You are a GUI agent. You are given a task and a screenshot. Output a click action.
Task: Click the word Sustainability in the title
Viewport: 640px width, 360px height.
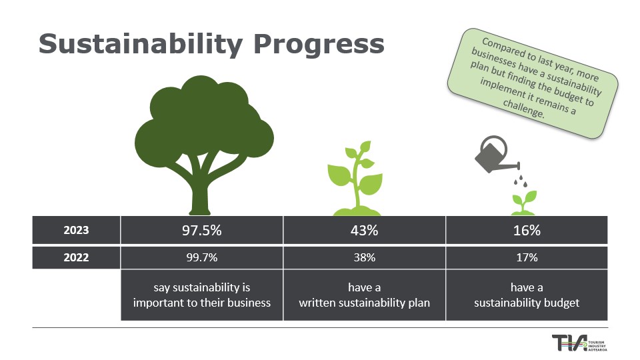(141, 45)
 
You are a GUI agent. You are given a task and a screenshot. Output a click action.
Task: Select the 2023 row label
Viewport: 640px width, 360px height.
(76, 230)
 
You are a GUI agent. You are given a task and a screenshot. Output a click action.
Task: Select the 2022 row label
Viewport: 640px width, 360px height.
(76, 257)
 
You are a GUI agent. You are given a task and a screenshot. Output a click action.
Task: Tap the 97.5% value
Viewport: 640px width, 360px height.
(201, 230)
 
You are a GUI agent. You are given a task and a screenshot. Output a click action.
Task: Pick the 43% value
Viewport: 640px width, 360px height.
(364, 230)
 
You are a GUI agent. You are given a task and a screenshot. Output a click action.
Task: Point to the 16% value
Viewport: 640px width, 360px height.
(527, 230)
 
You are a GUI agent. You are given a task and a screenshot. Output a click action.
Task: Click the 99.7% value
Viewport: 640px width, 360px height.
(201, 257)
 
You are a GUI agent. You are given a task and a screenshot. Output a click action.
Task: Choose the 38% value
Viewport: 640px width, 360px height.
(364, 257)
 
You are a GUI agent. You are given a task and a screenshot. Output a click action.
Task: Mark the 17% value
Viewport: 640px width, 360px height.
(527, 257)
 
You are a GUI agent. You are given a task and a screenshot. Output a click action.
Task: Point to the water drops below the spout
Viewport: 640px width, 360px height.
(521, 181)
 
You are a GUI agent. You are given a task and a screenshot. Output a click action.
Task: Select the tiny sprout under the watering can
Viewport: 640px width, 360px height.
(524, 203)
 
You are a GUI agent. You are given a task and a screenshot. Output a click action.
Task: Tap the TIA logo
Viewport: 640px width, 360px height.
(579, 343)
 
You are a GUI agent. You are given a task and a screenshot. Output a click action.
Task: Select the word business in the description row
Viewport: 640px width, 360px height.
(249, 303)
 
